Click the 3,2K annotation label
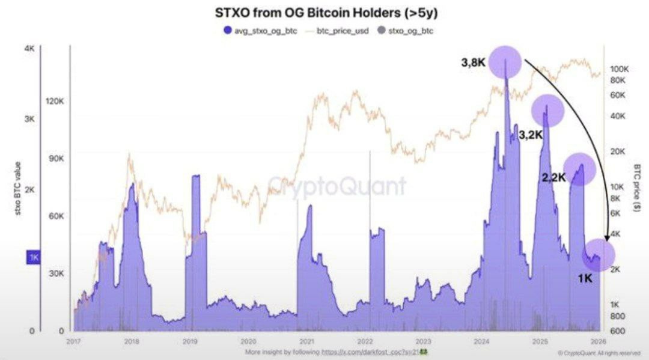tap(531, 135)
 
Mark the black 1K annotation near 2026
tap(584, 278)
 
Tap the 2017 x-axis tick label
tap(73, 341)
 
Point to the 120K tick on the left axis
tap(55, 101)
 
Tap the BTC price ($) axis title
tap(637, 187)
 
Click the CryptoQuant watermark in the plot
tap(336, 186)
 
